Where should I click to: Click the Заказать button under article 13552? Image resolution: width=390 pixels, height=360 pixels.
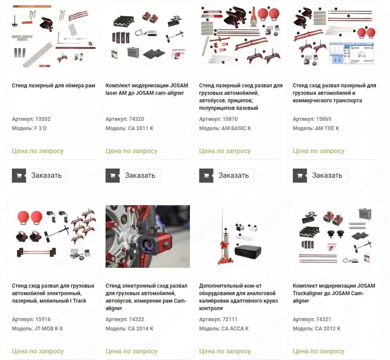pos(40,175)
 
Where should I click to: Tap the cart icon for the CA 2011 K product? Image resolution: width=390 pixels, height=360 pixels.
pos(112,175)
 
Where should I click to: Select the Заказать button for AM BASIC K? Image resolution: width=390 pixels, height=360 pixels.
pos(227,175)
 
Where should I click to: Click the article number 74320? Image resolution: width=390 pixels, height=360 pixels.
pos(136,119)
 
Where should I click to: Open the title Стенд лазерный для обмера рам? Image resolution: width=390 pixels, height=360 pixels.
pos(53,86)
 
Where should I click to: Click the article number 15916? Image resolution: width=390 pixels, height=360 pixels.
pos(43,319)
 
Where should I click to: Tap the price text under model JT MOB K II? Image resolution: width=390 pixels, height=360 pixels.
pos(38,351)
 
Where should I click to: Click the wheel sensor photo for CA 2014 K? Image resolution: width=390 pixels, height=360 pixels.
pos(148,236)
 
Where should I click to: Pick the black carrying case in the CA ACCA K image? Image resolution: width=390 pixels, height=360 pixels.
pos(248,252)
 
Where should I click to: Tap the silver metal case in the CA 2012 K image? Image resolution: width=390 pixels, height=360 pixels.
pos(365,214)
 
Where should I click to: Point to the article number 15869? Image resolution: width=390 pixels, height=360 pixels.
pos(324,119)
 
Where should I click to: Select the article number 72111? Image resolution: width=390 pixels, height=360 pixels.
pos(230,319)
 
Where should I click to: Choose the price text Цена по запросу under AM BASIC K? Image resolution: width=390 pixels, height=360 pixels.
pos(225,151)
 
